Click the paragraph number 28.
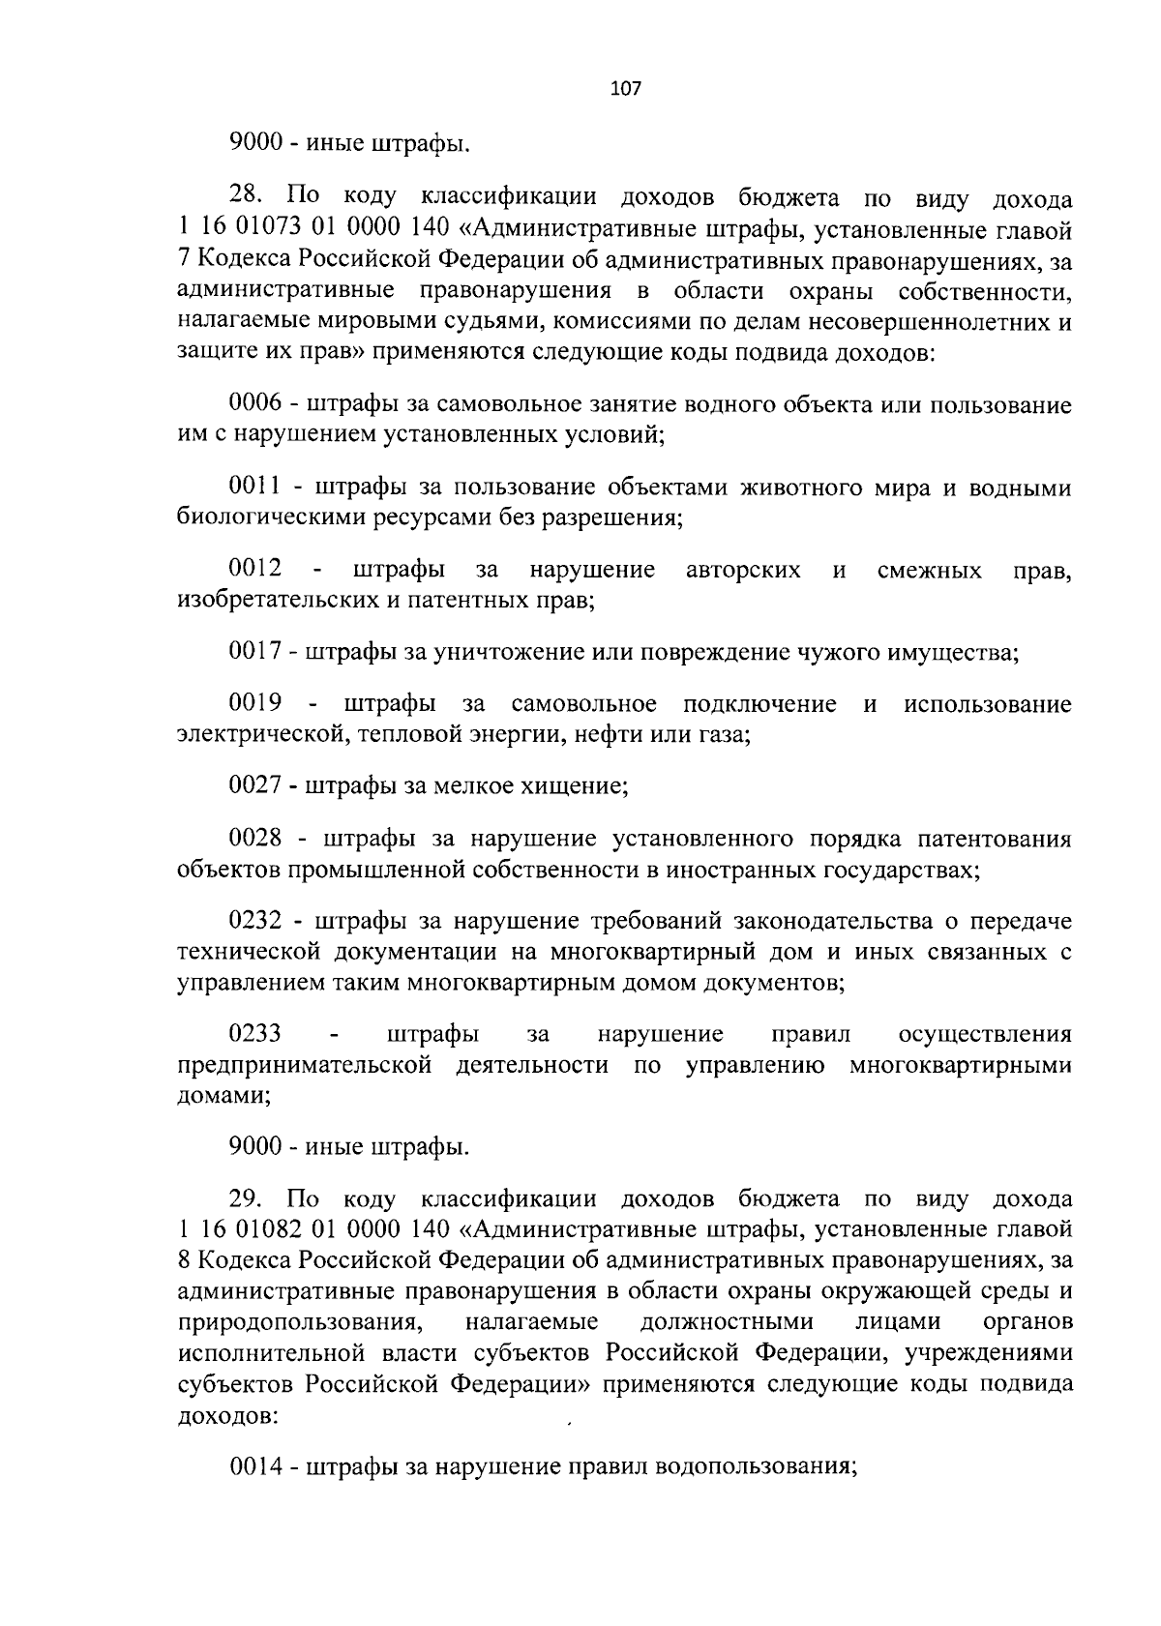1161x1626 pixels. (248, 198)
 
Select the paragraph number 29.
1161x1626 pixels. (248, 1198)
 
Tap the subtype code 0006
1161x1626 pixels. (254, 403)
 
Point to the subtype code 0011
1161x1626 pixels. (254, 487)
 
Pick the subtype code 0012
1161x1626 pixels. (254, 569)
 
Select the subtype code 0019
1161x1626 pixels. (254, 703)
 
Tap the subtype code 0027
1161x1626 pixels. (254, 784)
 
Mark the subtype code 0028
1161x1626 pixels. (254, 838)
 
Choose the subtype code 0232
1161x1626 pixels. (254, 920)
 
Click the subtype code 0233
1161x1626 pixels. (254, 1034)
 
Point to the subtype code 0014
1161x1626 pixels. (256, 1466)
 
